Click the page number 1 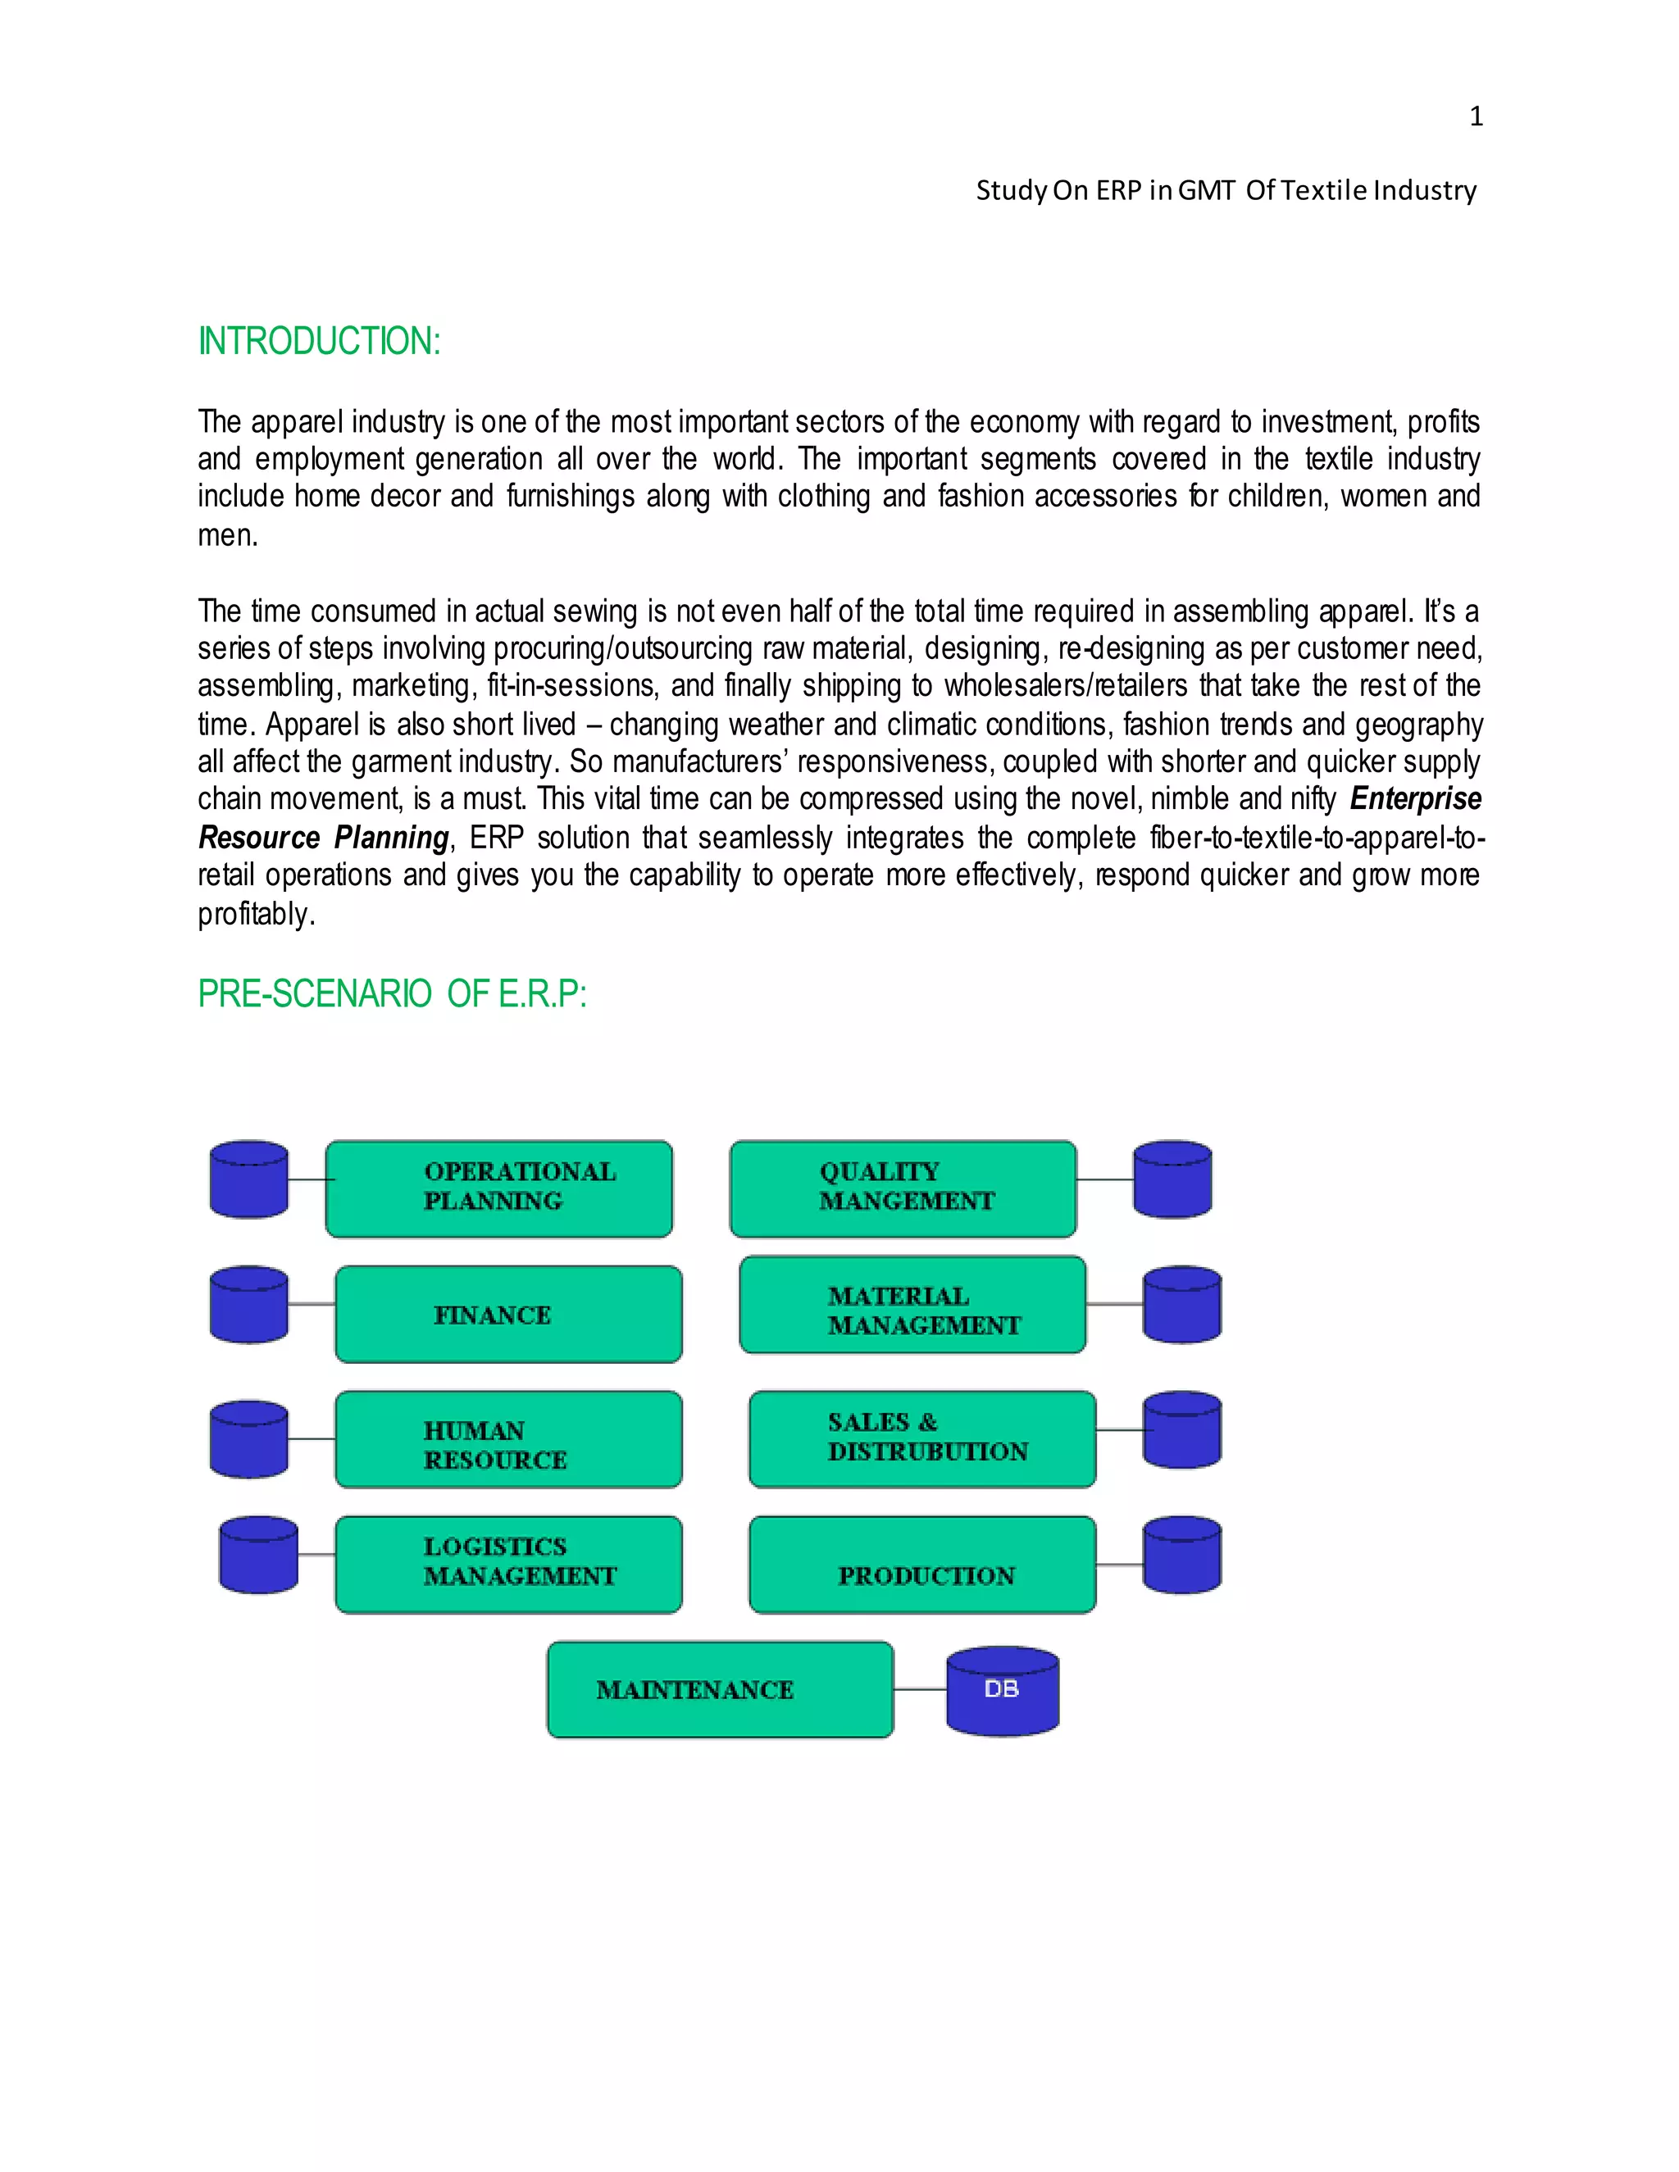(1476, 117)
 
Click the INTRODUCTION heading (318, 341)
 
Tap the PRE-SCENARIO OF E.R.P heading (392, 993)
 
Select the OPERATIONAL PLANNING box (499, 1188)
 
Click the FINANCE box (508, 1314)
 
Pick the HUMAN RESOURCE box (508, 1439)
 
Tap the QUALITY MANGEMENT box (903, 1188)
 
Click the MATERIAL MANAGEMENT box (913, 1305)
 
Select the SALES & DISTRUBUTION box (923, 1439)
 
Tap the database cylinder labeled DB (1003, 1691)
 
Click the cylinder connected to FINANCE (248, 1305)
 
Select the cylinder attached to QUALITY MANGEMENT (1172, 1179)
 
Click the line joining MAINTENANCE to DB (920, 1688)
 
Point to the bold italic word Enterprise (1415, 798)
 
